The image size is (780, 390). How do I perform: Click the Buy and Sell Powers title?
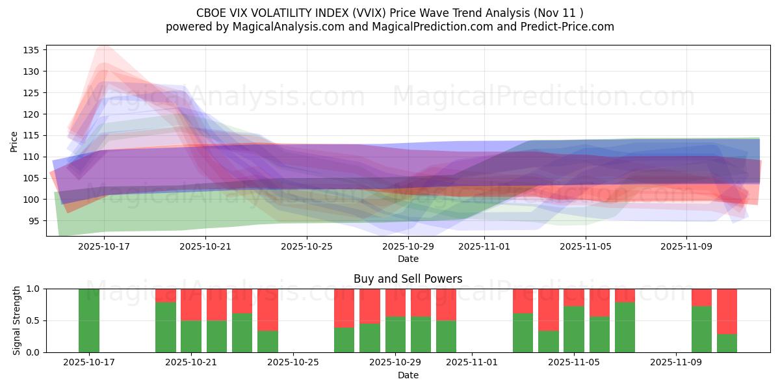click(x=408, y=279)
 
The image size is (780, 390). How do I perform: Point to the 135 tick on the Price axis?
click(x=33, y=50)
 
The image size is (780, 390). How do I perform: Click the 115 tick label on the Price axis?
click(x=33, y=135)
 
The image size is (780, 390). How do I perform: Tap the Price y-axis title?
click(x=14, y=141)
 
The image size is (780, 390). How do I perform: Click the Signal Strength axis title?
click(x=17, y=320)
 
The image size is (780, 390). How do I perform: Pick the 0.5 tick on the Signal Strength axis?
click(x=33, y=320)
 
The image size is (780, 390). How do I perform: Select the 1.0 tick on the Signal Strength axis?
click(x=33, y=289)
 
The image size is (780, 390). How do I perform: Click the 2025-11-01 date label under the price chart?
click(x=484, y=247)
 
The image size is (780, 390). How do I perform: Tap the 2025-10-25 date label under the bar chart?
click(x=294, y=362)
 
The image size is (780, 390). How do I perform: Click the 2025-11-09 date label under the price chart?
click(x=687, y=247)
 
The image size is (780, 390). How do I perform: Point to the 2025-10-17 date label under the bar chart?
click(x=89, y=362)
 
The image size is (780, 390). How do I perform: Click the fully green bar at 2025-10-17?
click(x=89, y=320)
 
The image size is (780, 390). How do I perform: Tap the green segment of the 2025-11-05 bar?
click(x=574, y=329)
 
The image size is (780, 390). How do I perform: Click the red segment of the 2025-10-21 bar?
click(x=191, y=304)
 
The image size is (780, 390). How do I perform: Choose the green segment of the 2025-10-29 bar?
click(x=395, y=334)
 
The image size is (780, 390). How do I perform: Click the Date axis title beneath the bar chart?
click(x=408, y=375)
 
